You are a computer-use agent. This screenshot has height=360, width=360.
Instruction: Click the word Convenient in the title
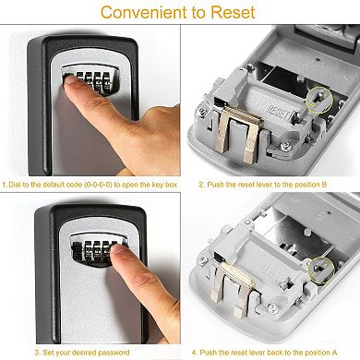click(144, 13)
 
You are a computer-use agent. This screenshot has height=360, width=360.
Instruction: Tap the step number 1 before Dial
click(5, 185)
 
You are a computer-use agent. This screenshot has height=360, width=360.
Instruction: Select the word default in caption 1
click(57, 185)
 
